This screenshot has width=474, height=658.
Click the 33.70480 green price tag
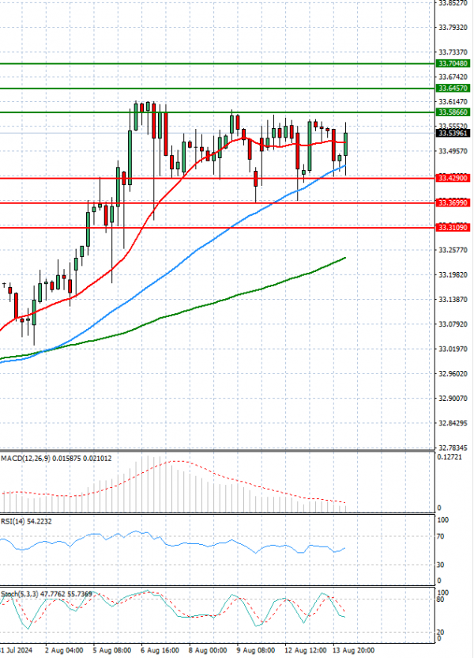pos(453,63)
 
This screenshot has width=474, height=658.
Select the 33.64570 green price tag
pos(453,89)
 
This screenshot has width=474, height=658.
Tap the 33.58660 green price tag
pos(453,112)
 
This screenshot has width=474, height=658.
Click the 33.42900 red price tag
pos(453,179)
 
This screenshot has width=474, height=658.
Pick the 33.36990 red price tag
pos(453,203)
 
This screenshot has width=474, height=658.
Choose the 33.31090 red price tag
pos(453,228)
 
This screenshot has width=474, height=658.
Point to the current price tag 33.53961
pos(453,133)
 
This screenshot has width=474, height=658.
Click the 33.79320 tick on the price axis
pos(453,28)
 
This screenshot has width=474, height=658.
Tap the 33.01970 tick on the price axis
pos(453,349)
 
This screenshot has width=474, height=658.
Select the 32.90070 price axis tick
pos(453,399)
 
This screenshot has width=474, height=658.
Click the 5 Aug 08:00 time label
pos(111,650)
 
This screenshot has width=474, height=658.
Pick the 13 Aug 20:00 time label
pos(352,650)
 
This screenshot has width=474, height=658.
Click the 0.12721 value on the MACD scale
pos(451,457)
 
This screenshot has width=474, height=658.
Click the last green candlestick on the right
pos(346,144)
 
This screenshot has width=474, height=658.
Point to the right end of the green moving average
pos(345,258)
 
